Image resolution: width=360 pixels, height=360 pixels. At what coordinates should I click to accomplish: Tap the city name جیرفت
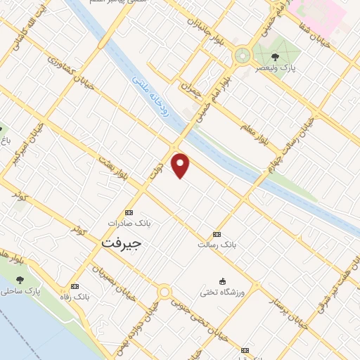click(121, 243)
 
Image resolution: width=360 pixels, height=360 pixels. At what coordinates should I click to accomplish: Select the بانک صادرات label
click(129, 223)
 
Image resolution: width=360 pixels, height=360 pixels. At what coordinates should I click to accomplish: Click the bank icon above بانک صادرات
click(128, 212)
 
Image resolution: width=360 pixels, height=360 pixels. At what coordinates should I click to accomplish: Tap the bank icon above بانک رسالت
click(216, 234)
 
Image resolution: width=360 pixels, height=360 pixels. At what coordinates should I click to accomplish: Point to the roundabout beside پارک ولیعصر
click(243, 53)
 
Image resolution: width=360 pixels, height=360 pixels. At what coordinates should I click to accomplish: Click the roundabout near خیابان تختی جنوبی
click(165, 291)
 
